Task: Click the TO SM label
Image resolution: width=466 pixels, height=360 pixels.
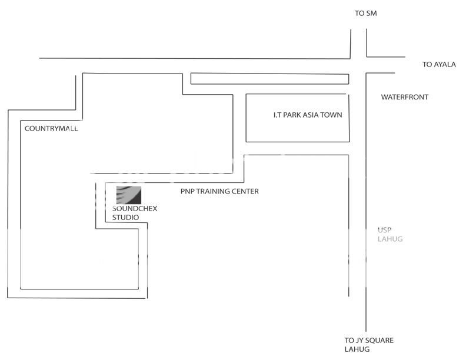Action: [x=365, y=13]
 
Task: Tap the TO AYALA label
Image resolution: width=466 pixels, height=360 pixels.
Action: [x=439, y=65]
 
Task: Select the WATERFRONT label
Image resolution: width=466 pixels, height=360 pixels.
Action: [x=404, y=97]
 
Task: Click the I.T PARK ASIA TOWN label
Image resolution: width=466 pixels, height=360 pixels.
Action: [x=307, y=115]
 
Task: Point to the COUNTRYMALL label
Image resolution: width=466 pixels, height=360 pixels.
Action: [x=51, y=128]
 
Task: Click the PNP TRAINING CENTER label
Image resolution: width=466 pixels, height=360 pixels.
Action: [x=219, y=191]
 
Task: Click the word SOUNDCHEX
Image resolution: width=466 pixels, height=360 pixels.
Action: [x=135, y=209]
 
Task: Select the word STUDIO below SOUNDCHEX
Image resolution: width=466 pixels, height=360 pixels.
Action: [x=126, y=217]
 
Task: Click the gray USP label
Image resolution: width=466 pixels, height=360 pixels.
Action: [x=384, y=231]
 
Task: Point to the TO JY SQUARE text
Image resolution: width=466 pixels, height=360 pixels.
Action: [x=369, y=341]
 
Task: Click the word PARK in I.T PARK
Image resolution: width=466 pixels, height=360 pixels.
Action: [x=292, y=115]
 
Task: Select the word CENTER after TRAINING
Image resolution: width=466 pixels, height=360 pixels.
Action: [x=246, y=191]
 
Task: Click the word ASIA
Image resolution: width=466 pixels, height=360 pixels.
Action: [x=312, y=115]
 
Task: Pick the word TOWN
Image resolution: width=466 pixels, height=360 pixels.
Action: [x=331, y=115]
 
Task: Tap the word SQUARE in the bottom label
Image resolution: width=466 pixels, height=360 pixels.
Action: [x=380, y=341]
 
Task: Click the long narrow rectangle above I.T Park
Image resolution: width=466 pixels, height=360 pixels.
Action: [x=270, y=79]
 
